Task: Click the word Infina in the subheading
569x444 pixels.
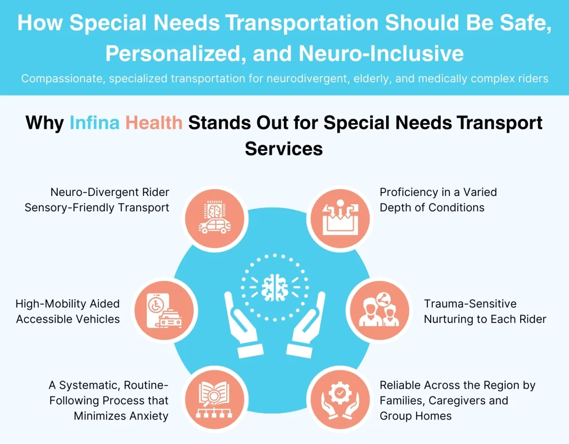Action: pos(94,123)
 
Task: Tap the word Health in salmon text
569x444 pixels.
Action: pos(154,123)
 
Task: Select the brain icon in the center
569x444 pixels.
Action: pos(273,287)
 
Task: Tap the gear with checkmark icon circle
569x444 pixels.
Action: pos(338,396)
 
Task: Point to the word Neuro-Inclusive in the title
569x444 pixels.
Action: pos(381,54)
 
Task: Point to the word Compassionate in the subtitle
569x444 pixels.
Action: pos(62,79)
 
